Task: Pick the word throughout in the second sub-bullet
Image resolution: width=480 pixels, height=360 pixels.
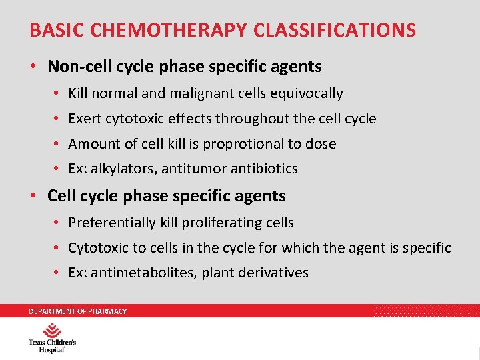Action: (x=253, y=119)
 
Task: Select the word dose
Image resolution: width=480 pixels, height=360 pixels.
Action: (x=321, y=144)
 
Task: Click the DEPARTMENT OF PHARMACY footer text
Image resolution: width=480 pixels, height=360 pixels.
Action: (x=77, y=311)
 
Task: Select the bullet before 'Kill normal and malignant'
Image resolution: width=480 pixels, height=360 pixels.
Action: (x=59, y=93)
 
